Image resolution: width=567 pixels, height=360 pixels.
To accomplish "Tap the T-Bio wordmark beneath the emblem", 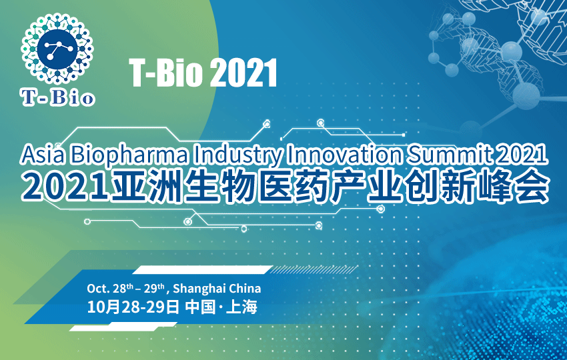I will tap(58, 98).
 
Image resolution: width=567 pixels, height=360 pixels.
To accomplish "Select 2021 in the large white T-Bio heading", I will tap(243, 73).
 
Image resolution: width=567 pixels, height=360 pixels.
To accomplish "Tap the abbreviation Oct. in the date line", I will tap(98, 289).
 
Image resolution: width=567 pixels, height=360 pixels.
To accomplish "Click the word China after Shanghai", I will tap(245, 289).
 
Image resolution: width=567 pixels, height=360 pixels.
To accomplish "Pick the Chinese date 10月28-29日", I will tap(133, 307).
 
